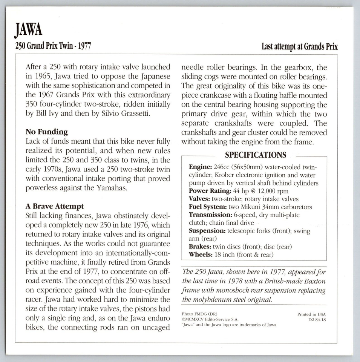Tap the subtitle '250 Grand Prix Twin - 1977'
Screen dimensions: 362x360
pos(53,47)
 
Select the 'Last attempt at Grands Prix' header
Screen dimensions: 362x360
pos(299,47)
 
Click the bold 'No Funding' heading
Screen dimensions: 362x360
pos(47,132)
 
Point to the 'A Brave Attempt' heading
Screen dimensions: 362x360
pos(55,206)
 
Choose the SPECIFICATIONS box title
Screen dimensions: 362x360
pos(255,155)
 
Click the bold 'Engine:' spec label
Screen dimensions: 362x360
pos(201,167)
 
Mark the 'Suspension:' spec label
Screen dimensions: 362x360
pos(207,231)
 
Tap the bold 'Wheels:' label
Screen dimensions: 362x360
pos(201,255)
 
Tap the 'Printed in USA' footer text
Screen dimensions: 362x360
pos(311,314)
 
